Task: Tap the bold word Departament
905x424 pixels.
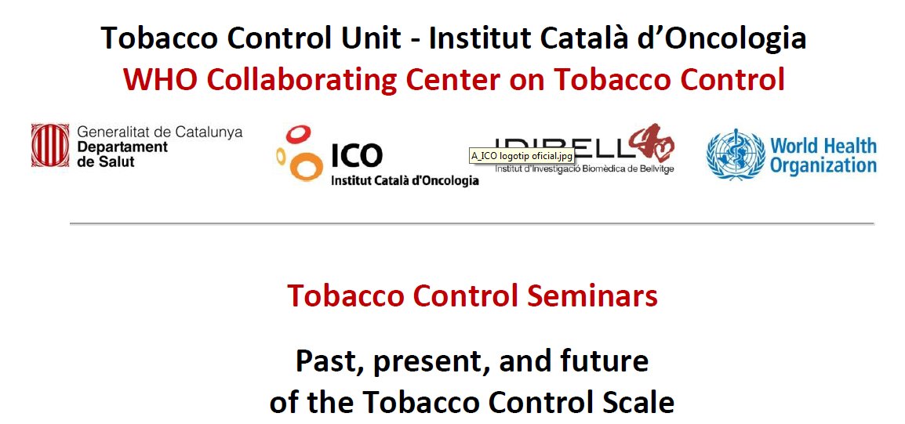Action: [x=122, y=147]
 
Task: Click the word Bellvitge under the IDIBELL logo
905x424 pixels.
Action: [x=653, y=169]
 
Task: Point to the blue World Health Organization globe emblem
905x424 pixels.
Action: [x=734, y=154]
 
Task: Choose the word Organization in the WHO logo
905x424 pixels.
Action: [x=823, y=165]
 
